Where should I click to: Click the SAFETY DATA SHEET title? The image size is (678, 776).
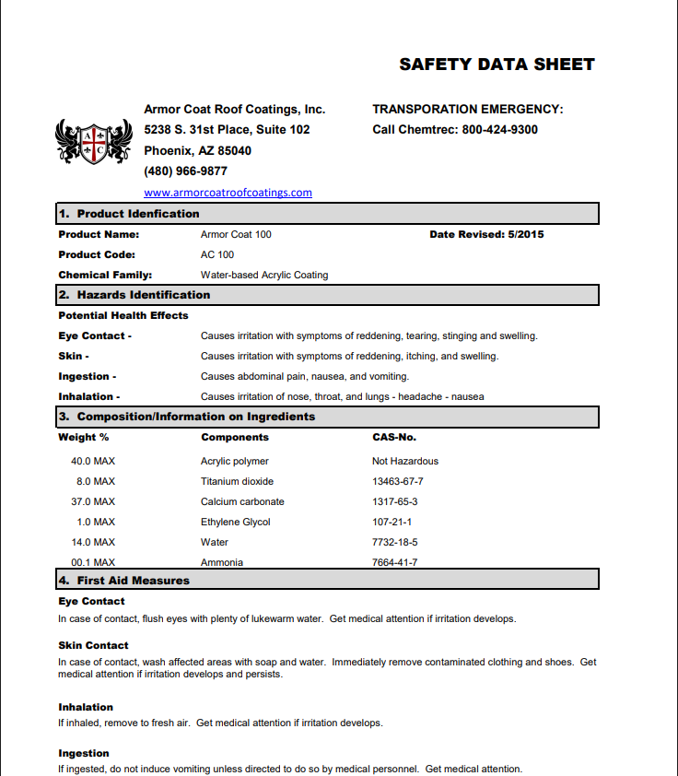(497, 65)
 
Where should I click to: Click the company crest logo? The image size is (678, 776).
(94, 141)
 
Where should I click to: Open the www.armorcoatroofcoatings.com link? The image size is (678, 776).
(228, 193)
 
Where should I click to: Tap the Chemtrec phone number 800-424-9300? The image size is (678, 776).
(500, 130)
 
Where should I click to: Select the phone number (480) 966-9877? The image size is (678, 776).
(185, 171)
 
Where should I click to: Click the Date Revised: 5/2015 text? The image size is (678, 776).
(486, 234)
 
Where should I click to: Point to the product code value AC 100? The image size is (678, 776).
(217, 254)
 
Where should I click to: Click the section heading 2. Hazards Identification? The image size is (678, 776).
(134, 295)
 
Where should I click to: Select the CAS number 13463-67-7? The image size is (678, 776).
(397, 481)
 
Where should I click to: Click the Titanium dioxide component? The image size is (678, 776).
(237, 481)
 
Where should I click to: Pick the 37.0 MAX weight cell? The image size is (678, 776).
(93, 501)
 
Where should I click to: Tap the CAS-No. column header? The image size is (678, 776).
(394, 437)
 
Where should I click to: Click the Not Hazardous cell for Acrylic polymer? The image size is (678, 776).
(405, 461)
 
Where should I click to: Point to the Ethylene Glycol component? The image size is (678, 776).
(236, 522)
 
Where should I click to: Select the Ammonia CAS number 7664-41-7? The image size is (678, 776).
(394, 562)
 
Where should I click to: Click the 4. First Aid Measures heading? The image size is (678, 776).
(124, 581)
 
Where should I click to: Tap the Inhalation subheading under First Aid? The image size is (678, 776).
(86, 707)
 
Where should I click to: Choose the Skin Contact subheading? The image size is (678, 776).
(93, 645)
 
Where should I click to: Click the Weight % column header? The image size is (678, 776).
(83, 437)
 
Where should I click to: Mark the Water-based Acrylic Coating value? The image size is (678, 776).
(264, 275)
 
